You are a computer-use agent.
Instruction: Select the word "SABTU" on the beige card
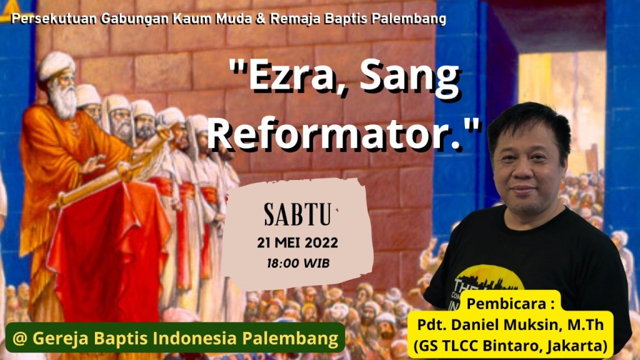click(297, 214)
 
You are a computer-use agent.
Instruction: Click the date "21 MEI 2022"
click(297, 243)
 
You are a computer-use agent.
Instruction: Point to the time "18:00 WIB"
click(298, 263)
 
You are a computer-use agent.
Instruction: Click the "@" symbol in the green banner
click(19, 338)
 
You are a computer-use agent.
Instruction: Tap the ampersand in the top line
click(260, 19)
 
